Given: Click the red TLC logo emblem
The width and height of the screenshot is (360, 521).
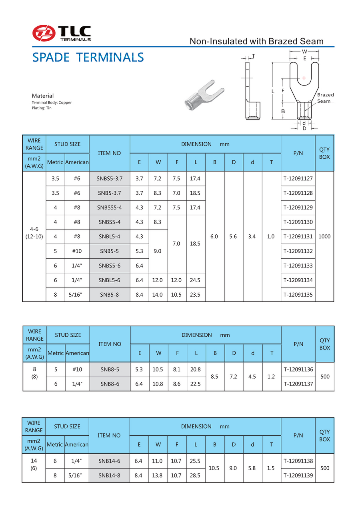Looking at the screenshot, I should (44, 33).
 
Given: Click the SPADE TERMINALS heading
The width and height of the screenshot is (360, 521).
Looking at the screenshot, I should (88, 57).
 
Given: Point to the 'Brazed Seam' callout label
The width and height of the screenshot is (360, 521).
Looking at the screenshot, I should (325, 98).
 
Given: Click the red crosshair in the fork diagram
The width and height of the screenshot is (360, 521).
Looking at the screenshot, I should (304, 78).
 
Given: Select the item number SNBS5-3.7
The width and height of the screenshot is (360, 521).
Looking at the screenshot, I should (110, 179).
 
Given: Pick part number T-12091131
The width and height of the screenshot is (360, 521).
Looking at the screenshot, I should (298, 236).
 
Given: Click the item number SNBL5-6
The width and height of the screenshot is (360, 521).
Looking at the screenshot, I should (110, 280).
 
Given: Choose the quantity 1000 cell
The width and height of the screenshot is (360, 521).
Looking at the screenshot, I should (324, 236).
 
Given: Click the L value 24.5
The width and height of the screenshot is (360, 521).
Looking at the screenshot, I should (196, 280).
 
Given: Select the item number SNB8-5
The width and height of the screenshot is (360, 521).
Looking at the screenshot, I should (110, 369).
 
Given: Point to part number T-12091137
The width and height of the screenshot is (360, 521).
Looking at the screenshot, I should (298, 384).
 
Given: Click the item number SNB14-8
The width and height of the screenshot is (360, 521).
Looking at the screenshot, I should (110, 475).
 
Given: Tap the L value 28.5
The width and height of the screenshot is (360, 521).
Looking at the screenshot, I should (196, 475).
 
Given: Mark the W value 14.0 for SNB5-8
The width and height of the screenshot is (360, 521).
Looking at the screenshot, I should (158, 294).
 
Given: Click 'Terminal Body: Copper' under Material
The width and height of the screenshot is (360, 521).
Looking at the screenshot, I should (52, 103).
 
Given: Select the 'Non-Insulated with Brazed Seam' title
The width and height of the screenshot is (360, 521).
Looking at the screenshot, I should (256, 41).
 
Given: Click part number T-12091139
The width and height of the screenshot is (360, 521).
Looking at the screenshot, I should (298, 475).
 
